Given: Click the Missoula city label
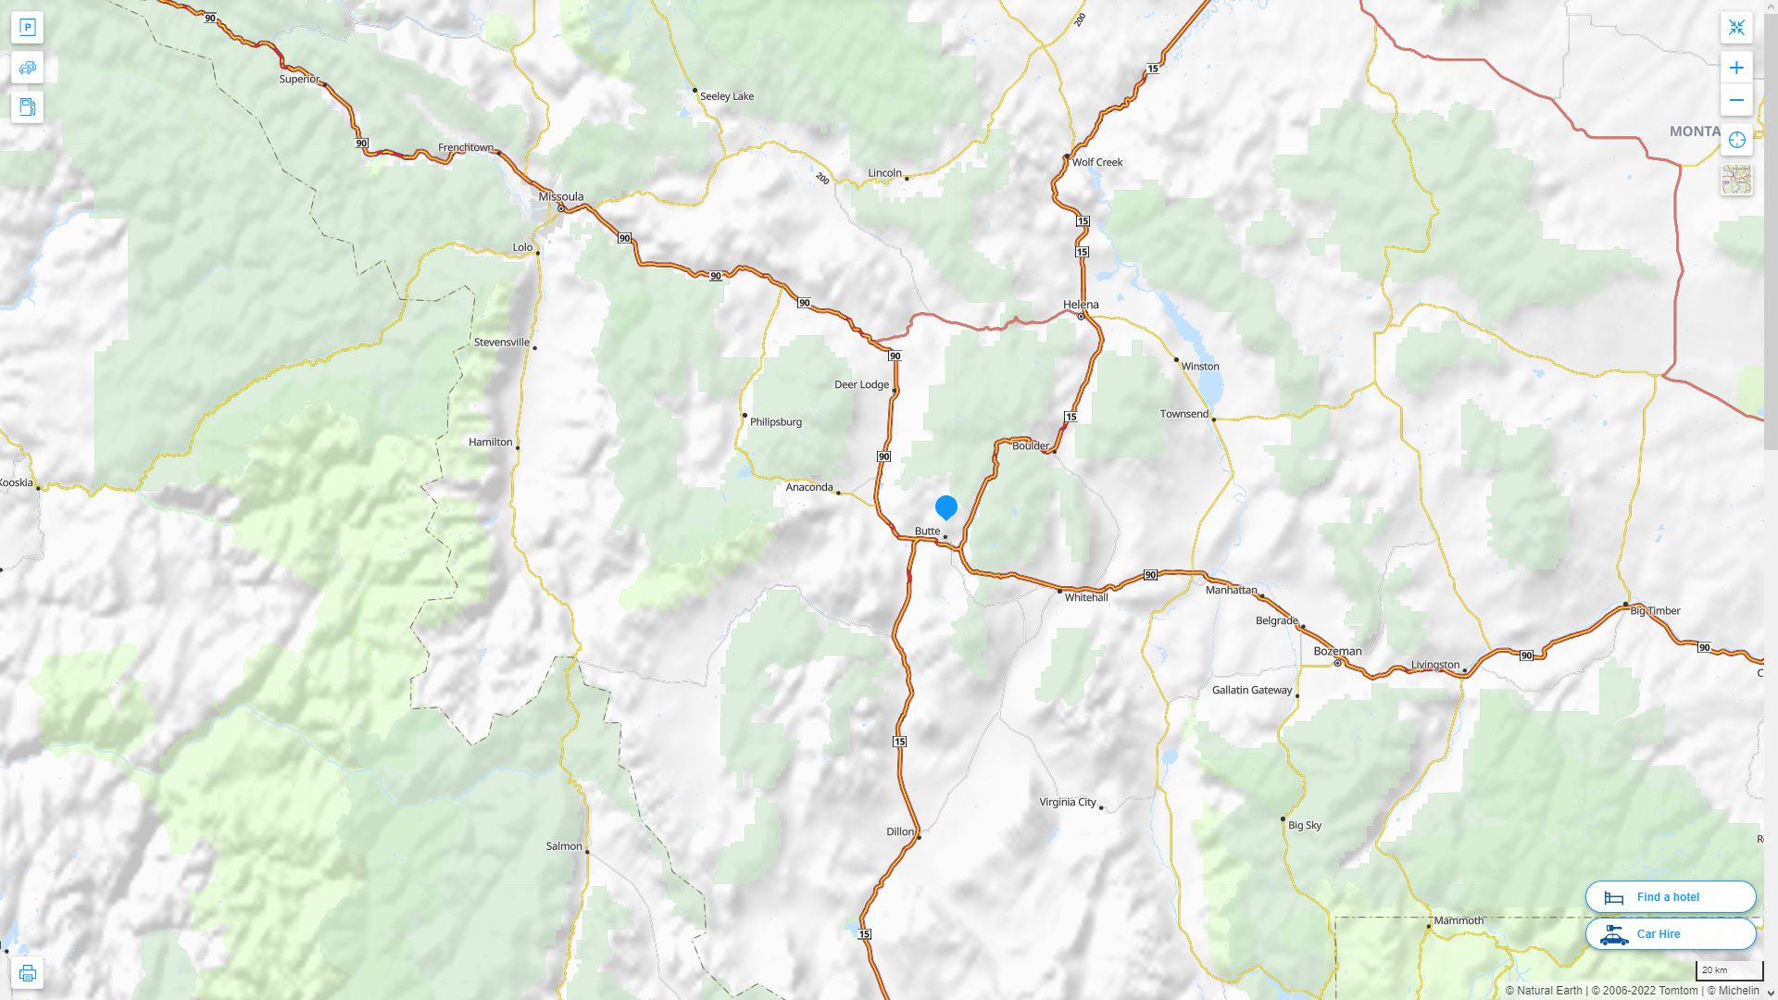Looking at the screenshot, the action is click(x=561, y=196).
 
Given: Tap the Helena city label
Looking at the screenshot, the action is click(x=1081, y=305).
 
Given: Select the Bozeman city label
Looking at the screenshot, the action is click(x=1337, y=651).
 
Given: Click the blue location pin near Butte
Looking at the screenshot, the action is click(x=945, y=507).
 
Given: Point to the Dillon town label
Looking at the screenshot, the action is click(x=900, y=831).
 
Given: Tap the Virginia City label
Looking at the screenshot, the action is click(x=1068, y=802).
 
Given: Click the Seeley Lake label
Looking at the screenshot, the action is click(x=727, y=96).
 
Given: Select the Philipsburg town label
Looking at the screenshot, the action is click(x=776, y=422).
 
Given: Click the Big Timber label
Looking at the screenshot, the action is click(x=1655, y=611).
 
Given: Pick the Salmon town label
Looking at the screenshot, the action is click(x=564, y=846).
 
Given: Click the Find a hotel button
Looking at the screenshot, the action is click(x=1670, y=896).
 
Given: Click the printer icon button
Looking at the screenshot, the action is click(x=28, y=973).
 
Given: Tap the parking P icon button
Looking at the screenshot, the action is click(x=28, y=28).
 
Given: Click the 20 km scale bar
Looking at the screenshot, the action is click(x=1729, y=971).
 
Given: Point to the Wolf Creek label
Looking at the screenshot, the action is click(x=1097, y=162).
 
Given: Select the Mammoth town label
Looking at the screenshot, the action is click(x=1459, y=920).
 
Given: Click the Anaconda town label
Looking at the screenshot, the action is click(x=809, y=487).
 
